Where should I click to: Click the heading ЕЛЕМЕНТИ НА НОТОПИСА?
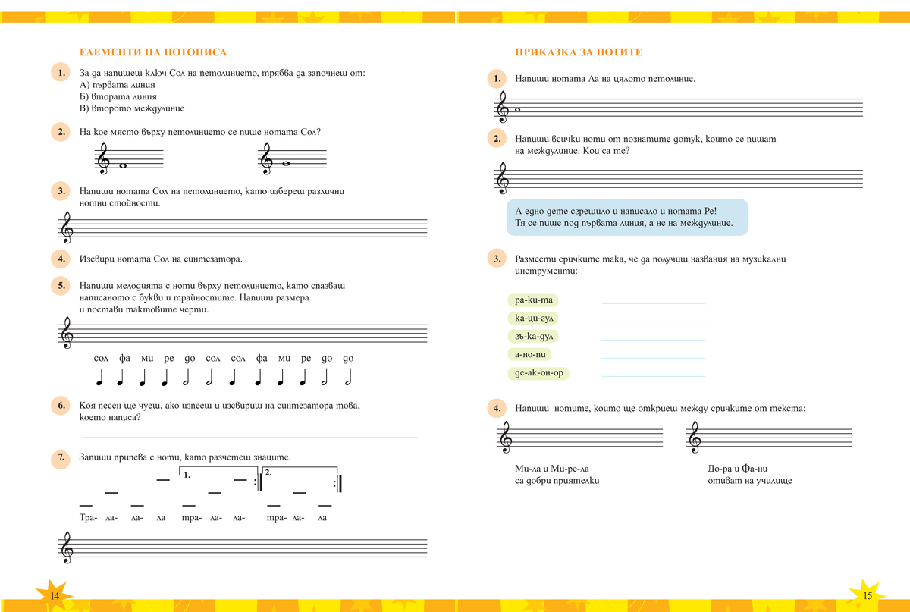coord(153,52)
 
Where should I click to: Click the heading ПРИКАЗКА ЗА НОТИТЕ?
coord(579,52)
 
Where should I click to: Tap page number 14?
coord(55,596)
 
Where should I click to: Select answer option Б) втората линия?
coord(118,96)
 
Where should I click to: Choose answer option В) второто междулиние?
coord(132,108)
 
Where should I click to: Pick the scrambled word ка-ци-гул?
coord(535,318)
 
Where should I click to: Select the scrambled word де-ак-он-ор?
coord(539,373)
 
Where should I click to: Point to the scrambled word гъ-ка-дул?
coord(535,336)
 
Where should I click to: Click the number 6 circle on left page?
coord(61,405)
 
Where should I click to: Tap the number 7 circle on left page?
coord(61,457)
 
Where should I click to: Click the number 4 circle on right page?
coord(497,409)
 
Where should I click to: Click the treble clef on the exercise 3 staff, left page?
coord(67,226)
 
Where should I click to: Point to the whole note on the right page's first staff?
coord(518,110)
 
